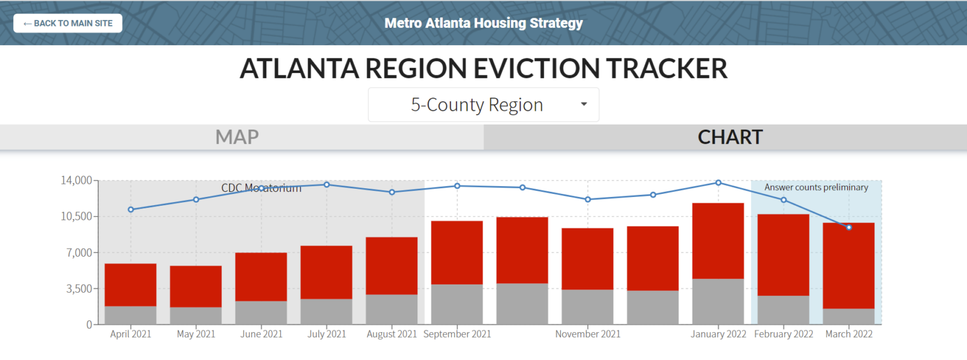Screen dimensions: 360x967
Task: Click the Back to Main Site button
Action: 67,23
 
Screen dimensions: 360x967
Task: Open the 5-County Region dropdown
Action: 483,104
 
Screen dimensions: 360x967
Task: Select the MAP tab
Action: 237,137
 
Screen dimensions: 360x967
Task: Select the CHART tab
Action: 730,137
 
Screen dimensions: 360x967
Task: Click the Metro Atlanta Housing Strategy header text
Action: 483,23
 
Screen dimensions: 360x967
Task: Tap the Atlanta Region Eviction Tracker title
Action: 483,69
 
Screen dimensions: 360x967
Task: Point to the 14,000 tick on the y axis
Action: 75,181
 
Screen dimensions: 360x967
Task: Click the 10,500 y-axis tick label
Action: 75,217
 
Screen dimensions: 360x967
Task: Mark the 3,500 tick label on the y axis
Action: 77,289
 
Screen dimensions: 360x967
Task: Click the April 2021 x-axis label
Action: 131,334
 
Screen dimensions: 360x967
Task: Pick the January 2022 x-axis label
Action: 718,334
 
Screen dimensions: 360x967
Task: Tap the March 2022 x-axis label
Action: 849,334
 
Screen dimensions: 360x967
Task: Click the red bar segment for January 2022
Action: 718,240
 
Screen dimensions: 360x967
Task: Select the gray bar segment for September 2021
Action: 456,304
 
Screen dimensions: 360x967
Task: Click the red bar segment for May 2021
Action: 196,286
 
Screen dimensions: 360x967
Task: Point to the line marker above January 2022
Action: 718,183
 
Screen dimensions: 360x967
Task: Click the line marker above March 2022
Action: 849,227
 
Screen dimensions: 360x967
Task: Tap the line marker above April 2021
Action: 131,210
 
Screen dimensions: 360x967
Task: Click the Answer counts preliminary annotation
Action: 816,188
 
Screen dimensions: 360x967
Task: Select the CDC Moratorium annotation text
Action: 261,188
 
